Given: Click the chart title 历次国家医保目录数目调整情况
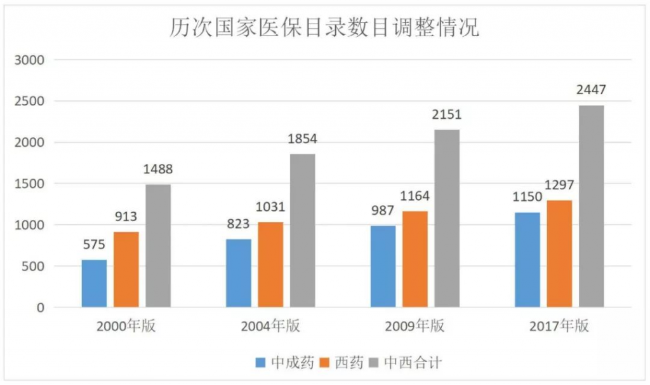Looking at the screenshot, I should [x=324, y=29].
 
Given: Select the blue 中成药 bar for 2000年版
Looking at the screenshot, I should [x=94, y=283].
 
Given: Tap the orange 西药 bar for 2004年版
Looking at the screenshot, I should [x=270, y=264].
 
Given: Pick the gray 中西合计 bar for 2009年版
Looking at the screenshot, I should [x=447, y=219].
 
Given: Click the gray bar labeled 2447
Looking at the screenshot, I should [x=591, y=206].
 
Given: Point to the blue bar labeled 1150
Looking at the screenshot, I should [x=527, y=260].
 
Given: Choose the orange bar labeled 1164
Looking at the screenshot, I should [x=415, y=259].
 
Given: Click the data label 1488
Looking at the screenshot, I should [x=157, y=170].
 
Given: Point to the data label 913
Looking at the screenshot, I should [x=126, y=217].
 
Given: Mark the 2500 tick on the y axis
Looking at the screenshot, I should [x=29, y=102].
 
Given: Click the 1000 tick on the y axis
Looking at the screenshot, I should [x=29, y=225].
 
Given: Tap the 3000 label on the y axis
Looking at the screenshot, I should [x=29, y=60].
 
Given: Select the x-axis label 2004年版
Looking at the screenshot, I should [x=270, y=327].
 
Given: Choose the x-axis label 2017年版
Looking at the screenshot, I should [x=559, y=327].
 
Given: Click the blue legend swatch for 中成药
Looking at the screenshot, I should [x=260, y=363].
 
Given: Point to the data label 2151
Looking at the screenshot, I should [x=447, y=115].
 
